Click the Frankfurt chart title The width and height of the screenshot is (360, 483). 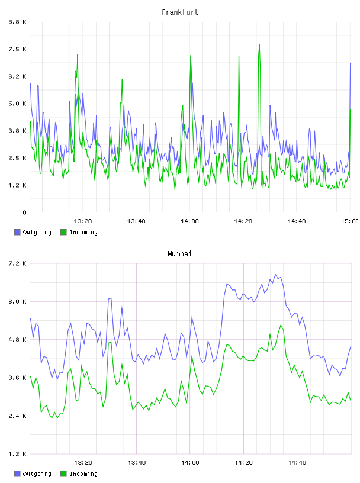(180, 12)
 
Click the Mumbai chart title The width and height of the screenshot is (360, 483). (179, 254)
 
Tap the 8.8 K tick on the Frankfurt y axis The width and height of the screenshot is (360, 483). (18, 22)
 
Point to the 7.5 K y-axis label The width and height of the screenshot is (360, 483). (18, 49)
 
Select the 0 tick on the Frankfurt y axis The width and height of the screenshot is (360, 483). (25, 212)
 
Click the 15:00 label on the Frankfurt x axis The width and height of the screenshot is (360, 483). (350, 221)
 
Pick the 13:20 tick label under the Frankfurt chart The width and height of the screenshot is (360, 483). (83, 221)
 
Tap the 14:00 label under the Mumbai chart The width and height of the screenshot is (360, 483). (190, 463)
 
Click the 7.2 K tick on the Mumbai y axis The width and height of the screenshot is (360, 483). (18, 263)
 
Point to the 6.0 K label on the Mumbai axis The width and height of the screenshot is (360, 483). (18, 301)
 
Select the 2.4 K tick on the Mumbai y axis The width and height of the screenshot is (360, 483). (18, 416)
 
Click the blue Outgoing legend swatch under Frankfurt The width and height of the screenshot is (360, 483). (17, 232)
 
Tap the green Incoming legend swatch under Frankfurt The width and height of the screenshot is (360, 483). (63, 232)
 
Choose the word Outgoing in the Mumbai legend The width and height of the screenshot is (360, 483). (37, 474)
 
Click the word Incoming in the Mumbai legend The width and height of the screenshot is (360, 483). (83, 474)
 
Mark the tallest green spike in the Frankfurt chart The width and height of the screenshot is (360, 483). (259, 44)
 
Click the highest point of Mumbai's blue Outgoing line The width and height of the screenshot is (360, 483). (275, 275)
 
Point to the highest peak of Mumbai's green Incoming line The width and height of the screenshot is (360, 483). (281, 325)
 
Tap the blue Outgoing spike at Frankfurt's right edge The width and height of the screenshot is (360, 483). (351, 63)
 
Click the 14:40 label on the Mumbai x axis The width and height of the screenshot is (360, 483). (297, 463)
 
